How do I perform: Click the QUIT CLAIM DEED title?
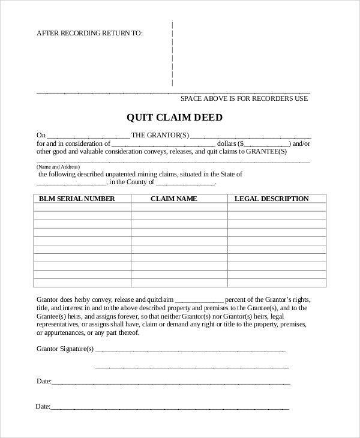175,118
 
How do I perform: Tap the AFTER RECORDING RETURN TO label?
90,33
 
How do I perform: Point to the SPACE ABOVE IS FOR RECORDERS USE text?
244,98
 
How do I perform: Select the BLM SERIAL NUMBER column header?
77,199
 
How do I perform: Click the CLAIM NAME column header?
173,199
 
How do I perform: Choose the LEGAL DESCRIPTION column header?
271,199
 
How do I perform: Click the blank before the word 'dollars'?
163,145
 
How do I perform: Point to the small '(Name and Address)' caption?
58,166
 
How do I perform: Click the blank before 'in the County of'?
71,183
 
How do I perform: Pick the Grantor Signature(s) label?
65,349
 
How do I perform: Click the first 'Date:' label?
44,381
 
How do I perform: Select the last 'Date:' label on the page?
43,406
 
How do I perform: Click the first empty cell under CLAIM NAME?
179,207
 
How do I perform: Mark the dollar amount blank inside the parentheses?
267,145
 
